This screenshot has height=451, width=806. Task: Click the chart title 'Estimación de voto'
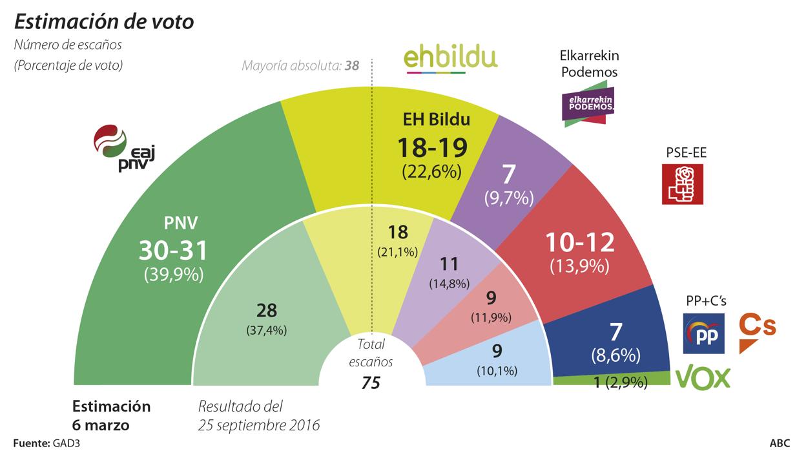(104, 21)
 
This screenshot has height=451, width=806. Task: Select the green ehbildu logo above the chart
(450, 58)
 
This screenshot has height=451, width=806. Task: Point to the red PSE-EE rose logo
(682, 184)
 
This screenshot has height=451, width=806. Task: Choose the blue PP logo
(703, 333)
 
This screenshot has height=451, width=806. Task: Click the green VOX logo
(703, 377)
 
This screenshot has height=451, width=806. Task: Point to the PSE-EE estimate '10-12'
(579, 242)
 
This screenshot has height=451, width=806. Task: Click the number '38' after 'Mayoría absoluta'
(351, 65)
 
